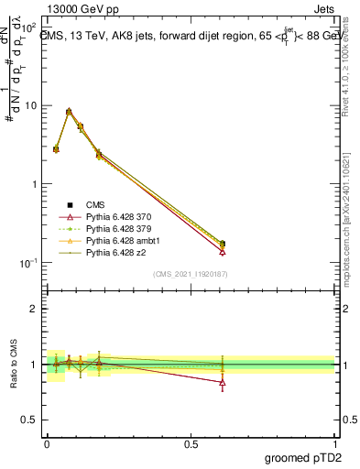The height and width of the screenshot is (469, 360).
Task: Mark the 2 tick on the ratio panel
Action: [33, 309]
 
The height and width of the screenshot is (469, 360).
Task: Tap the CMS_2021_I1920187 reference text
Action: [191, 274]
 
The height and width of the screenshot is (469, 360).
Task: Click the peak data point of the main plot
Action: [69, 112]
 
